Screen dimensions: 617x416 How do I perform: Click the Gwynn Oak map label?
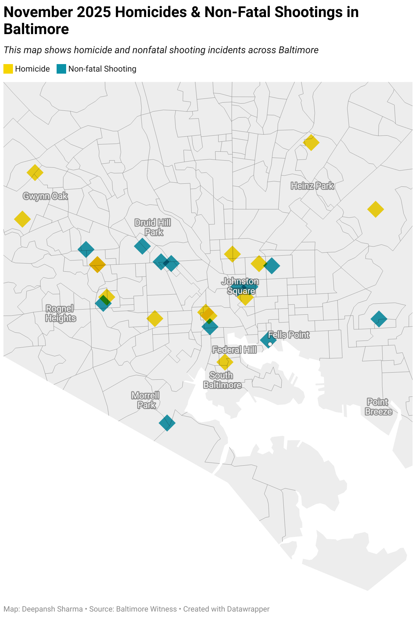[45, 196]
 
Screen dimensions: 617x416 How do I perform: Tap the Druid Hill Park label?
[153, 227]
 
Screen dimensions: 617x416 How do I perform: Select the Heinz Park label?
[312, 186]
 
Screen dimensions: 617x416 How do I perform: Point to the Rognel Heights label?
[60, 313]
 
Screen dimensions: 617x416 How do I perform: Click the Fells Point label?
[289, 335]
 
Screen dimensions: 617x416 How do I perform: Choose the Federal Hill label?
[234, 350]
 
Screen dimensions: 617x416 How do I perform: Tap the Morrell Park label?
[146, 400]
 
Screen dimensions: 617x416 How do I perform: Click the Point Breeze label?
[378, 407]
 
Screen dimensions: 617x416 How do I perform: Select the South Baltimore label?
[222, 380]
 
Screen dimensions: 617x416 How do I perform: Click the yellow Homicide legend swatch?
[8, 69]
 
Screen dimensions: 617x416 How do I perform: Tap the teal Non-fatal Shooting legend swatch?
[61, 69]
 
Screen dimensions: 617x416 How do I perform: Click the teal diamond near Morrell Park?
[167, 423]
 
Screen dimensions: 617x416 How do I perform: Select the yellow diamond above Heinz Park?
[311, 142]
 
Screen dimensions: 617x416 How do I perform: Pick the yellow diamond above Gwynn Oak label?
[35, 172]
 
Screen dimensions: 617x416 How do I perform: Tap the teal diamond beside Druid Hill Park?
[143, 246]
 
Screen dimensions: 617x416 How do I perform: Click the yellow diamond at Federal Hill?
[225, 362]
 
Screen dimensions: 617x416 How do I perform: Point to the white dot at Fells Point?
[270, 344]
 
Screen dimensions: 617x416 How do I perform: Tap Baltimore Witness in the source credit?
[147, 609]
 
